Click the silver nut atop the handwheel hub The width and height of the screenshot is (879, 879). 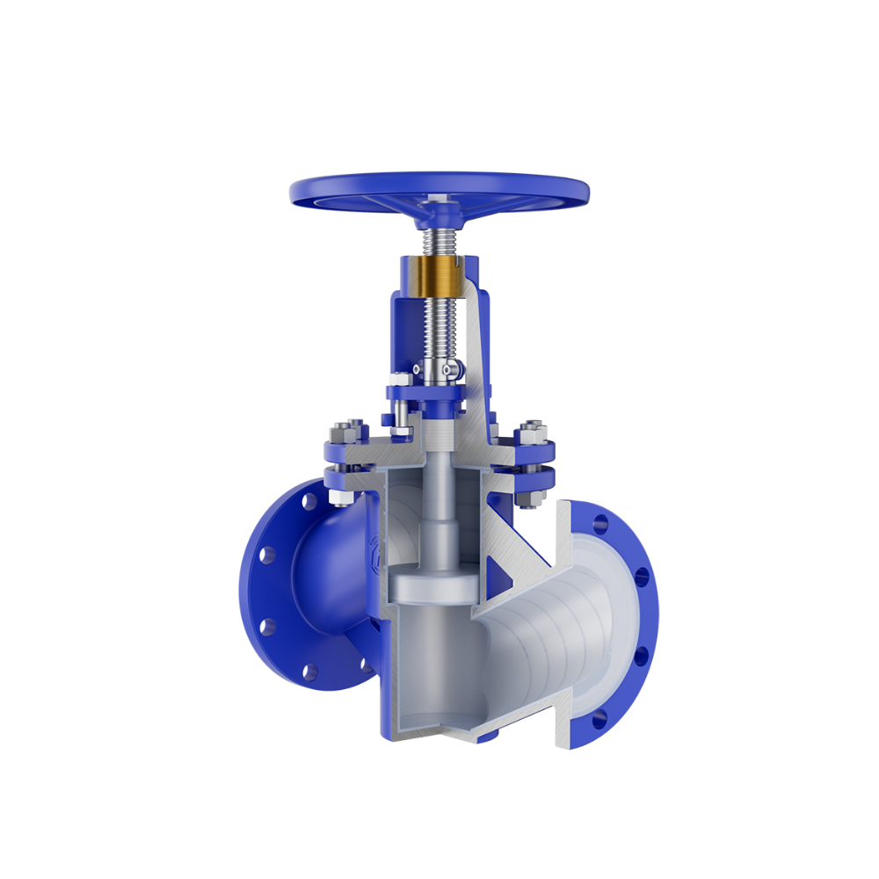click(438, 204)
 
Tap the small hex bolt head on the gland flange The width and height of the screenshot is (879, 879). click(398, 380)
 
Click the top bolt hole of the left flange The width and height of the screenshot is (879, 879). click(309, 502)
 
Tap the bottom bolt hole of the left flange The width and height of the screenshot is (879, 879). click(309, 673)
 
